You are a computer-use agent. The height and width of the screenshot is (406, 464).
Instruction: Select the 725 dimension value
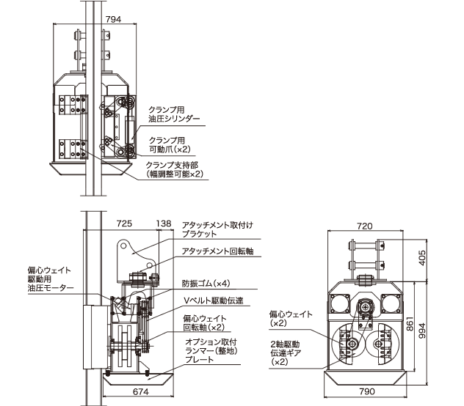(x=125, y=222)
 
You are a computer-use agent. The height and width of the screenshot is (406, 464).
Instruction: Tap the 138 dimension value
(x=164, y=222)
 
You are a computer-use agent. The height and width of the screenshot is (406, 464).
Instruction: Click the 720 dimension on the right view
(x=365, y=226)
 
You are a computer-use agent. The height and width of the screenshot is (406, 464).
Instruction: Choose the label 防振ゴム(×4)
(x=206, y=283)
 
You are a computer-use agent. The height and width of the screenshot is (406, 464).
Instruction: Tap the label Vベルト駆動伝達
(x=212, y=300)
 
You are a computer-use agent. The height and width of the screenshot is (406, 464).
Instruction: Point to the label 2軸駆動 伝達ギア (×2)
(x=289, y=353)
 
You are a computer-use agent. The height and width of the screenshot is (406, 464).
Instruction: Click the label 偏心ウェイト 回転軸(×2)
(x=205, y=323)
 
